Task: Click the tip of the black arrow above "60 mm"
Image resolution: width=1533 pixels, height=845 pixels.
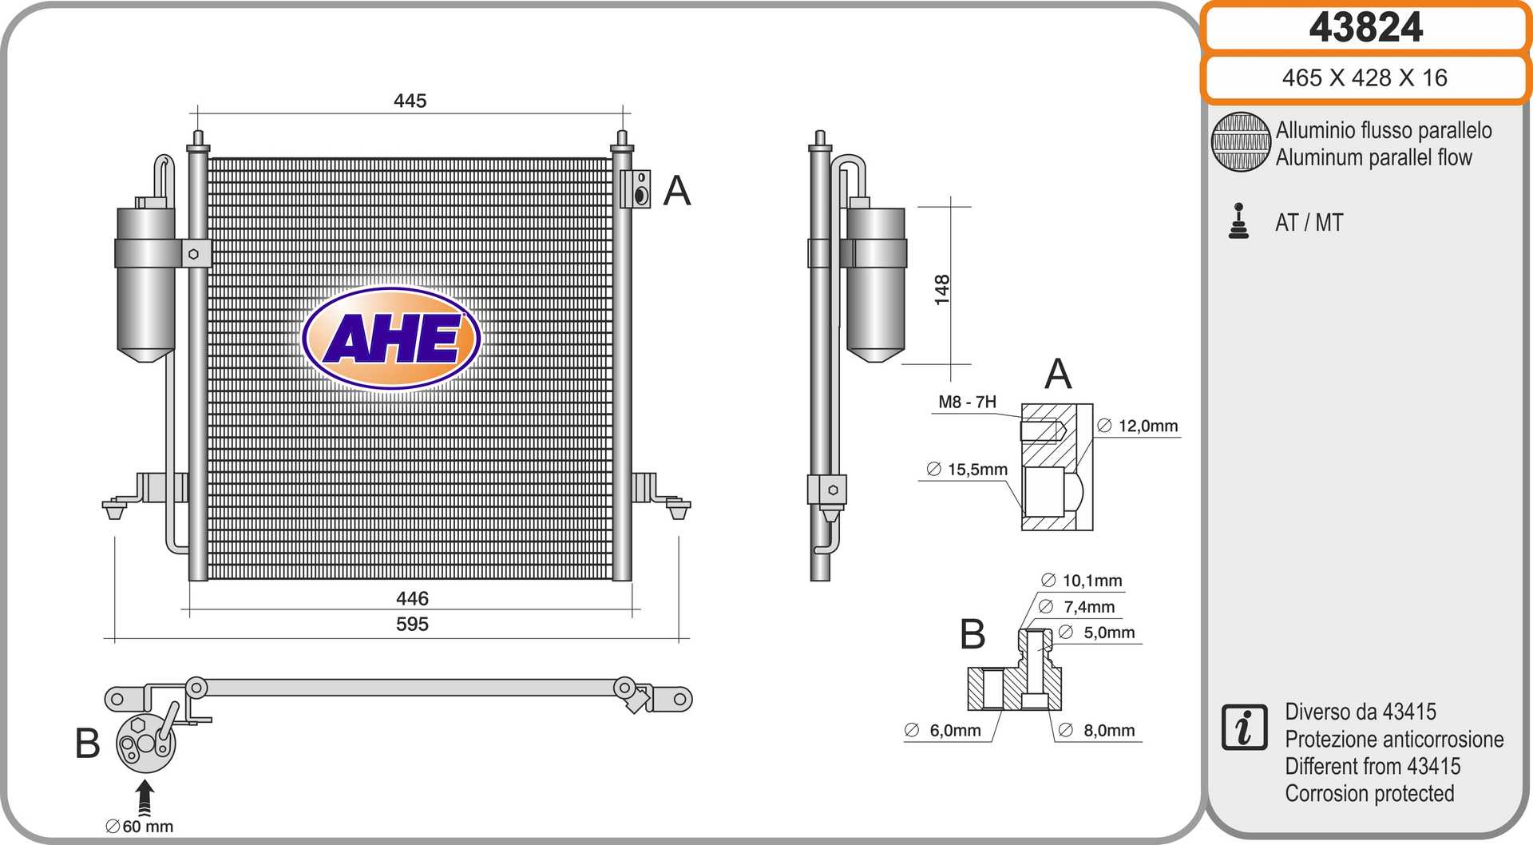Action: (x=145, y=780)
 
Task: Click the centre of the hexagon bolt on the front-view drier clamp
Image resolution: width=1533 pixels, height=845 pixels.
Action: (x=193, y=254)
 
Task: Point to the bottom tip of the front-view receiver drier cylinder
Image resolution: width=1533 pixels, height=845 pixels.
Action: (x=146, y=362)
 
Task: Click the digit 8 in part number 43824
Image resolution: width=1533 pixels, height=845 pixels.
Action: (x=1365, y=28)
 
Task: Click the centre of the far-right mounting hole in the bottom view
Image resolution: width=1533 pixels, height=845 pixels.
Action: (x=679, y=700)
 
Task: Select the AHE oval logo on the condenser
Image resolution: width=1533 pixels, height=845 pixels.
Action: (x=391, y=338)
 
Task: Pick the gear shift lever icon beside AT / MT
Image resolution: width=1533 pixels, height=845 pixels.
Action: (x=1238, y=221)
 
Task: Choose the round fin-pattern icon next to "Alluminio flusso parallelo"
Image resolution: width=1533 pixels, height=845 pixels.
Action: (x=1241, y=142)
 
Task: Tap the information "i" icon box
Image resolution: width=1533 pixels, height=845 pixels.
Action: (x=1244, y=728)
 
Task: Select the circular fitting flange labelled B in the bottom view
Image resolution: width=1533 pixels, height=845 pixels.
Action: (x=145, y=744)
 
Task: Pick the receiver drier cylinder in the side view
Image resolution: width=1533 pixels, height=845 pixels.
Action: (x=876, y=284)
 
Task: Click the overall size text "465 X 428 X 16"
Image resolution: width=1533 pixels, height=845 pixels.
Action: (x=1365, y=77)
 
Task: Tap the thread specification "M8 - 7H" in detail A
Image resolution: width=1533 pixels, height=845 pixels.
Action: (x=967, y=402)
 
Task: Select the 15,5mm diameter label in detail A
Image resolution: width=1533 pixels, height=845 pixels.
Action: (x=967, y=469)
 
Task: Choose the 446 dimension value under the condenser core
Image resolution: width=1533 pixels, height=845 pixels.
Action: (x=412, y=598)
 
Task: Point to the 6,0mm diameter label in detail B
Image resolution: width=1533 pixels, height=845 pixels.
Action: (x=943, y=730)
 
